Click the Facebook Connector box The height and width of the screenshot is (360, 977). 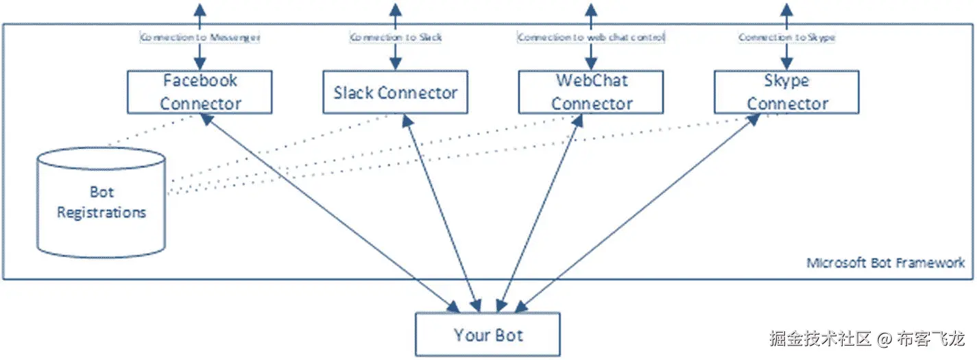[200, 92]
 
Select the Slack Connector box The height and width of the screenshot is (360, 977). [395, 93]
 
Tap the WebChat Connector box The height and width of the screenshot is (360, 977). [591, 92]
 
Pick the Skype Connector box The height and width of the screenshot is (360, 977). [786, 92]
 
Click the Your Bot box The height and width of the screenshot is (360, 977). [487, 335]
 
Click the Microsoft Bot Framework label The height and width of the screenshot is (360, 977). [885, 263]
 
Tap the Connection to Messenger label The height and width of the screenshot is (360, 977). [200, 37]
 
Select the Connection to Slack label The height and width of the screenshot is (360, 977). [396, 37]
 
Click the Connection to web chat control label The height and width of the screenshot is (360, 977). [591, 37]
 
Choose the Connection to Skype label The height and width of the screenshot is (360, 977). [786, 37]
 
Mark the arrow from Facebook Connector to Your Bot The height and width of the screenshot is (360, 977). [329, 210]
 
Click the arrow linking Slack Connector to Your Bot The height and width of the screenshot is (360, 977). [439, 210]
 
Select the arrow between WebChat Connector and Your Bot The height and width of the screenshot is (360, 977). [538, 210]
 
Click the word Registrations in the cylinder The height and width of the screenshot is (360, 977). [101, 213]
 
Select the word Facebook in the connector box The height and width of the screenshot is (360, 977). [200, 81]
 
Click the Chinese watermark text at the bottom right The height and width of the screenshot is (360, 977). [867, 339]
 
